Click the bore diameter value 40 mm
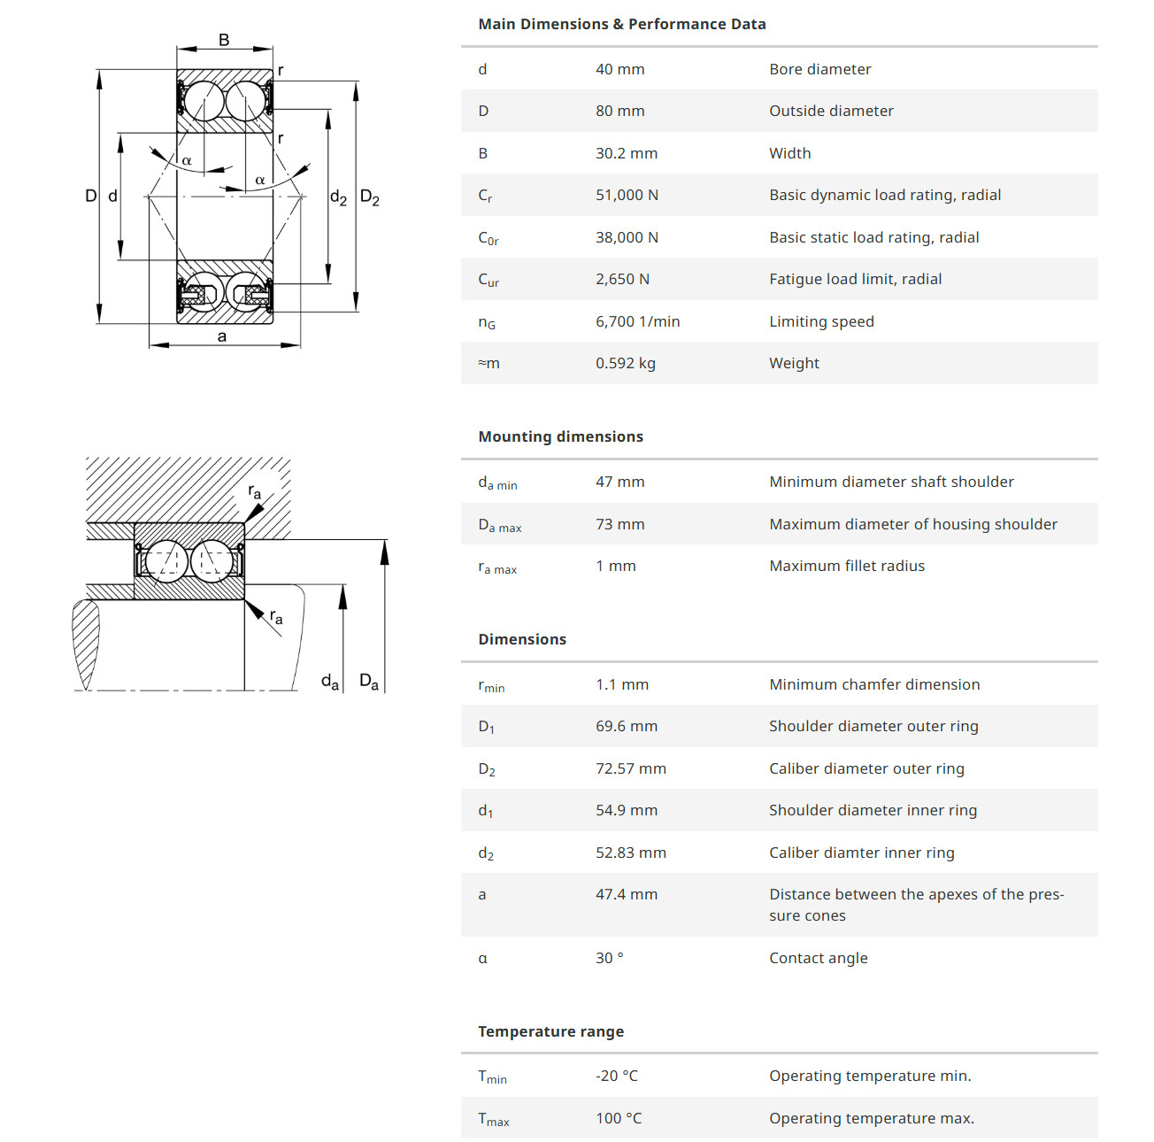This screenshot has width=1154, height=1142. [x=619, y=70]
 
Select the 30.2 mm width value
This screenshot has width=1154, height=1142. [x=626, y=153]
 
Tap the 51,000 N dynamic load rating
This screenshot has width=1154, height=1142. [x=627, y=196]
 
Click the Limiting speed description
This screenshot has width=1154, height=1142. [x=821, y=321]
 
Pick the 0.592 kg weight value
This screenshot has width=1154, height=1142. [x=625, y=363]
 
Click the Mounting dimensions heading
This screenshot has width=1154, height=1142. [x=560, y=436]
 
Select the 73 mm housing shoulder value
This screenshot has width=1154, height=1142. [x=619, y=524]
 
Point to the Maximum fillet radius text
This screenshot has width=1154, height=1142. [x=846, y=566]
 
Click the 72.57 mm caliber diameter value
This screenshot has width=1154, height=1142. [x=630, y=768]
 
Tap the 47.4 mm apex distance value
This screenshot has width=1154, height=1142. [x=626, y=894]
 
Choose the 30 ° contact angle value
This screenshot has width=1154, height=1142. [x=609, y=958]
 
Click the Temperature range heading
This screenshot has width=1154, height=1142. [x=550, y=1031]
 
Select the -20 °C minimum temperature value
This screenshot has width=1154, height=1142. [x=616, y=1076]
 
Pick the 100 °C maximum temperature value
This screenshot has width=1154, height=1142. [x=618, y=1118]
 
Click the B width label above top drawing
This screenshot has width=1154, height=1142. [x=223, y=40]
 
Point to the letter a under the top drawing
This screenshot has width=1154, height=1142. [x=221, y=336]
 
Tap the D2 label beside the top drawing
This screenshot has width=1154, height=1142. [x=369, y=197]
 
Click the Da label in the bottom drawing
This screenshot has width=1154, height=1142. [x=368, y=682]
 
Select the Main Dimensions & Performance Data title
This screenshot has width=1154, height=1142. [x=621, y=24]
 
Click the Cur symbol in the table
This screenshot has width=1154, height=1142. [x=489, y=280]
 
